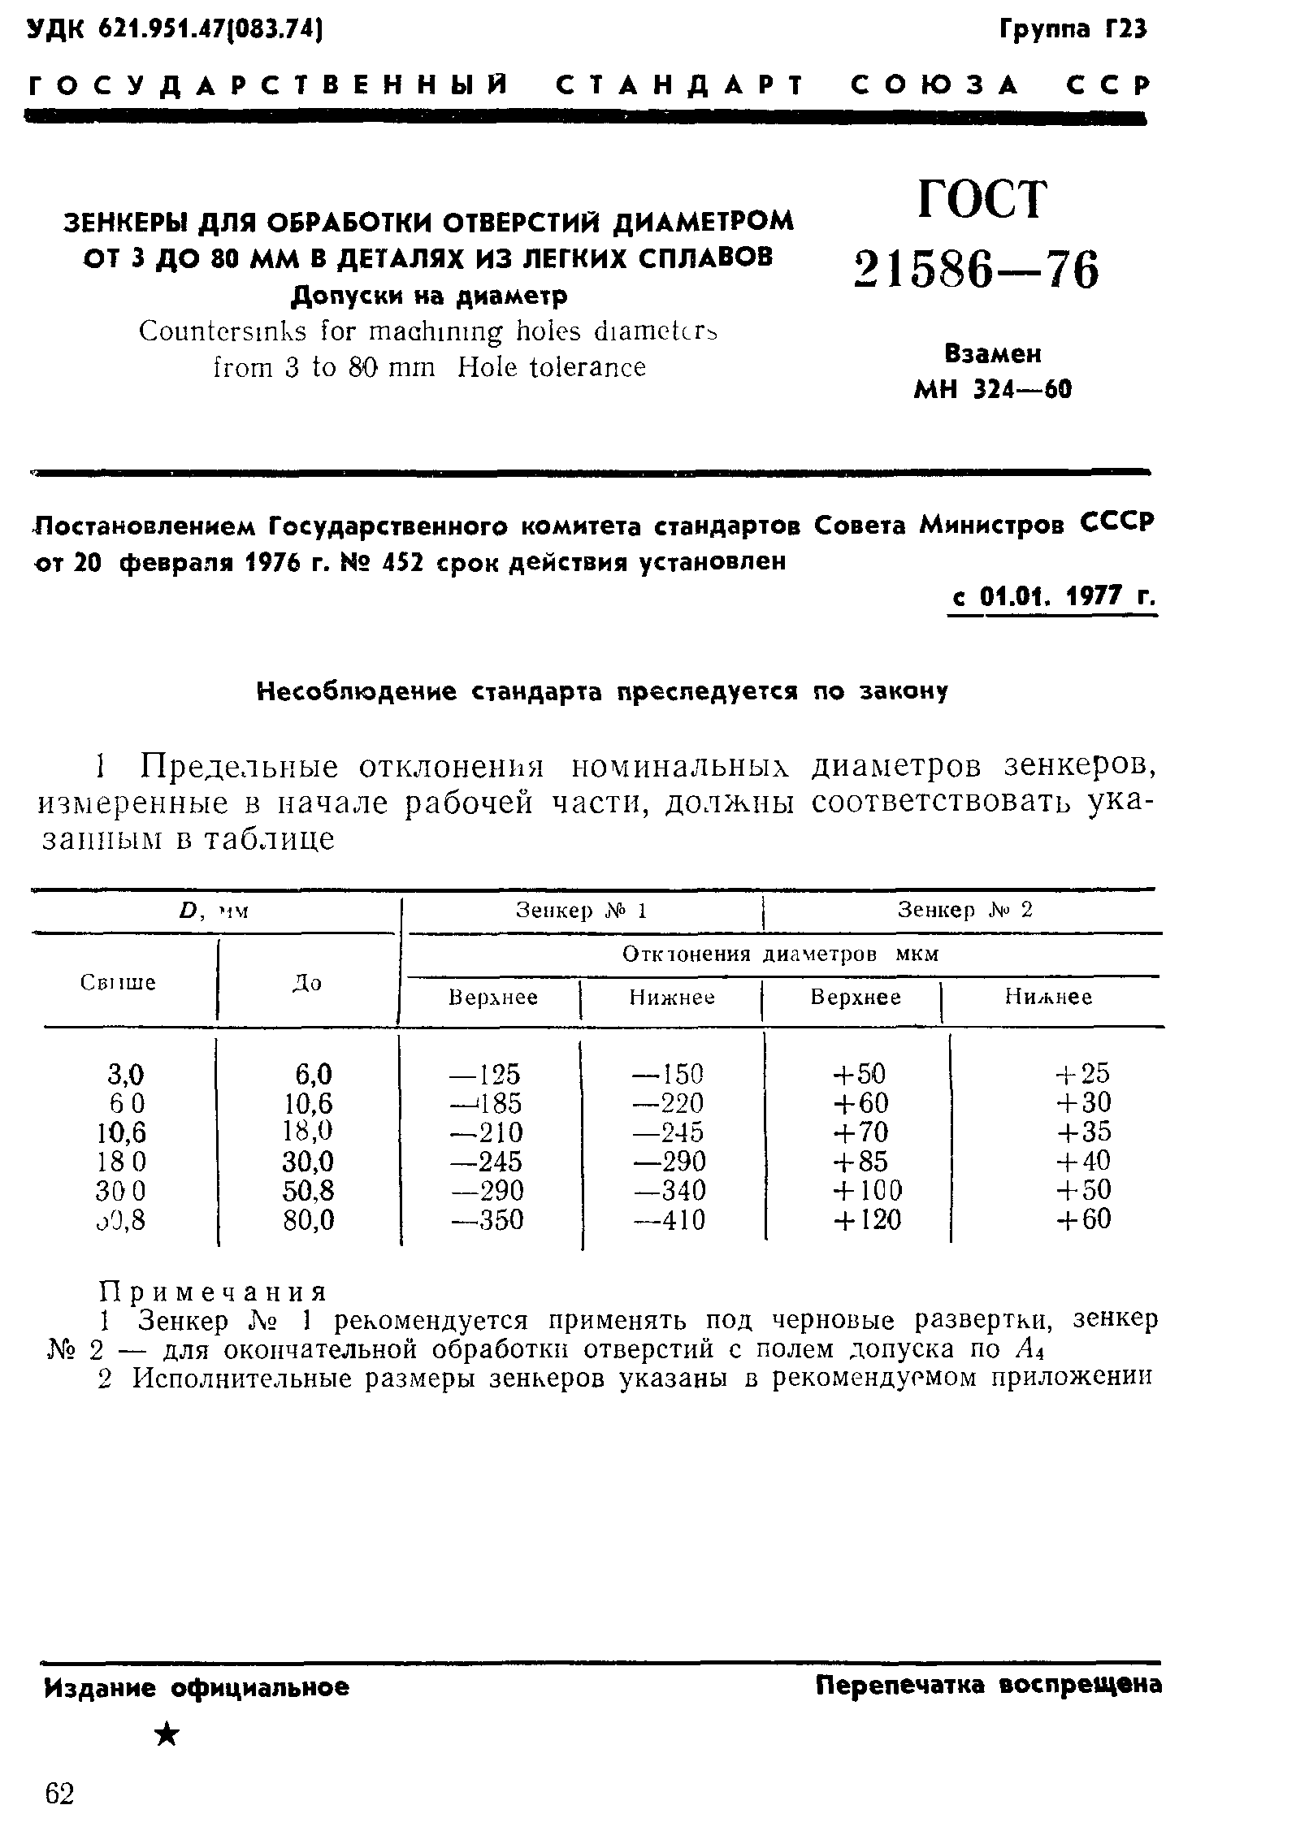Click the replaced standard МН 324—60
993,391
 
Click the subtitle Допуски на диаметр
429,296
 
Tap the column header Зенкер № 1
581,911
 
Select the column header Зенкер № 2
964,910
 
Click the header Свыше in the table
119,983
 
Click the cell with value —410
670,1220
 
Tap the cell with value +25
1082,1074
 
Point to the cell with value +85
860,1162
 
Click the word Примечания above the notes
213,1292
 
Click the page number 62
59,1794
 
